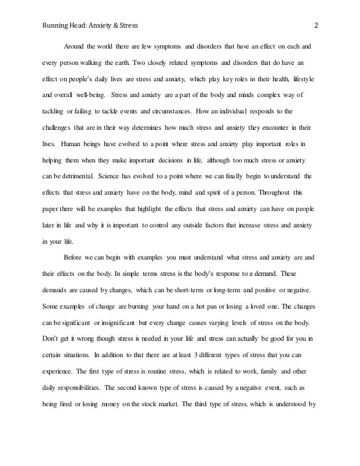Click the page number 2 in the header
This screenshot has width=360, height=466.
tap(316, 25)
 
